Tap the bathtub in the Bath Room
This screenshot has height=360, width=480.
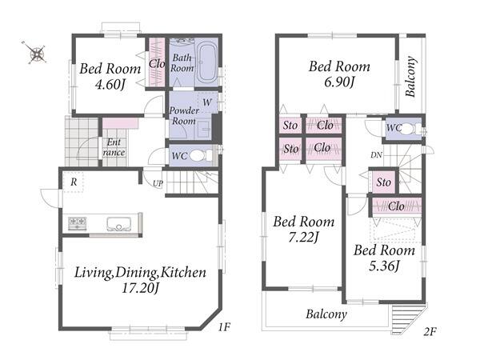[207, 62]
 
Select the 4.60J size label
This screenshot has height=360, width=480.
[110, 84]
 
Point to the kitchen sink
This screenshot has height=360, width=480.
[118, 224]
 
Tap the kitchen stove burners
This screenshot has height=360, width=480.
[77, 223]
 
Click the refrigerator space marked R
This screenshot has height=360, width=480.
[74, 182]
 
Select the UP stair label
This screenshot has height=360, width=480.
[158, 183]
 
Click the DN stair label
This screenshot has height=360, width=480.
[376, 155]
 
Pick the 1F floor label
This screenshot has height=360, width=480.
[224, 327]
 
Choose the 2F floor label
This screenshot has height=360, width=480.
[430, 331]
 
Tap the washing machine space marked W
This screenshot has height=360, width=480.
[207, 102]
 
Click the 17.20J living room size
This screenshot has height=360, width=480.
[140, 288]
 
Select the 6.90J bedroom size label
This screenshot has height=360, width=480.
[339, 82]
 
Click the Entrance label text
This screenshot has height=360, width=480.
[114, 147]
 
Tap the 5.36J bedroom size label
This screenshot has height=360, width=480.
[384, 266]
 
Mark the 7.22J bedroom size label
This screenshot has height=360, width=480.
[304, 237]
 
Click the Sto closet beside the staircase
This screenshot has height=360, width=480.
[383, 182]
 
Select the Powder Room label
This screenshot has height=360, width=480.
[184, 115]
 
